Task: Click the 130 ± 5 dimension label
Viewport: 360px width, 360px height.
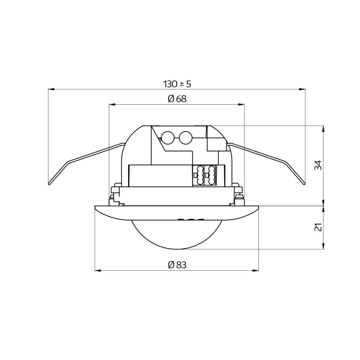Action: click(x=177, y=84)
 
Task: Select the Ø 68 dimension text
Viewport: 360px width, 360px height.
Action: click(x=177, y=99)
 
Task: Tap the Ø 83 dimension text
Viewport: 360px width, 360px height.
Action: click(x=177, y=265)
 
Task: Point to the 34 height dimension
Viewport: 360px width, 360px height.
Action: click(x=318, y=165)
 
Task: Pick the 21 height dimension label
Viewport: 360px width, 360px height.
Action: click(x=318, y=227)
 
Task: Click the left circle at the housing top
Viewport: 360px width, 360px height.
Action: click(x=167, y=137)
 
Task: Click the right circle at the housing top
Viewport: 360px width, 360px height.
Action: click(x=186, y=137)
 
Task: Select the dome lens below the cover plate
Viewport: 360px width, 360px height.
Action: click(x=177, y=234)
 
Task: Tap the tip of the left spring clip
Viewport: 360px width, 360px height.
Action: click(x=49, y=184)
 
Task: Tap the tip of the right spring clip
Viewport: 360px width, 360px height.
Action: click(x=305, y=184)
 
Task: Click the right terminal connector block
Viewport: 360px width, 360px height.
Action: click(x=211, y=175)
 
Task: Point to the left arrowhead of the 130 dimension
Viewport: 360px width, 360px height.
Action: click(x=51, y=89)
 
